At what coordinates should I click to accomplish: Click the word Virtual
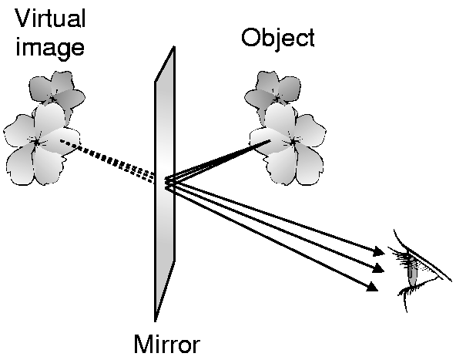[x=50, y=18]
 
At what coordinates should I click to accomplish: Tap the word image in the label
[x=50, y=47]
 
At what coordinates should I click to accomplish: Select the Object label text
[x=278, y=39]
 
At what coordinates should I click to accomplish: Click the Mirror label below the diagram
[x=167, y=345]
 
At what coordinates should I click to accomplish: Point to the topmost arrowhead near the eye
[x=379, y=251]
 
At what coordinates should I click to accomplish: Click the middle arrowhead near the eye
[x=378, y=268]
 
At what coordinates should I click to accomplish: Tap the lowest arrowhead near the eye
[x=373, y=286]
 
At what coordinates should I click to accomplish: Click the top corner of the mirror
[x=174, y=46]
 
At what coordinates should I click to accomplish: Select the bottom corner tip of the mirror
[x=156, y=321]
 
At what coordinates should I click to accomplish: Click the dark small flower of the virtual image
[x=56, y=92]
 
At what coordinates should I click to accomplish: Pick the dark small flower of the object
[x=273, y=92]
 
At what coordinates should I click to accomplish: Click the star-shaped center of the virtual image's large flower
[x=37, y=143]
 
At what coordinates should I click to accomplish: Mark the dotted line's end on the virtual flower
[x=61, y=141]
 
